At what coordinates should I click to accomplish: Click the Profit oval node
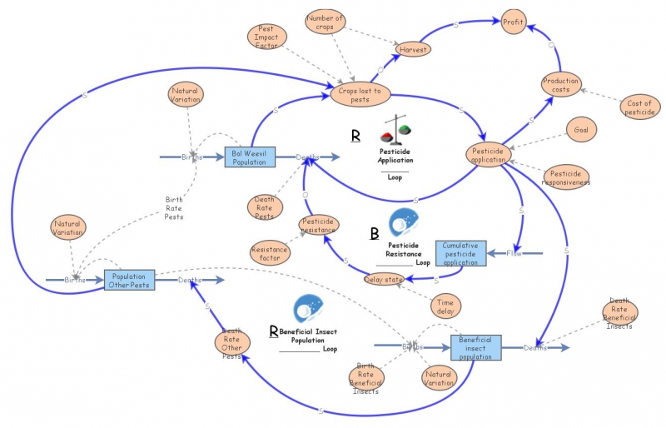coord(513,22)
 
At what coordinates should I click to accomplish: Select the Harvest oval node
coord(413,49)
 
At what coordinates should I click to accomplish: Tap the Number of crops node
coord(326,22)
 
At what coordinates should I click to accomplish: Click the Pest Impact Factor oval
coord(268,37)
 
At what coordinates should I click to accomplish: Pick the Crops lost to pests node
coord(360,95)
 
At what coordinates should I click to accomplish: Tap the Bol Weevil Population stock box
coord(250,157)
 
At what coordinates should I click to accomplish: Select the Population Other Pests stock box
coord(129,281)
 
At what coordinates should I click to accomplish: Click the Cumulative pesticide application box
coord(460,252)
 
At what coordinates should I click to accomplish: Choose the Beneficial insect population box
coord(476,346)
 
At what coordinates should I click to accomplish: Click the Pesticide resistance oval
coord(320,225)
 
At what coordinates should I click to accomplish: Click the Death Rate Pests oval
coord(264,206)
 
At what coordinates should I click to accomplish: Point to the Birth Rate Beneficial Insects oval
coord(366,377)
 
